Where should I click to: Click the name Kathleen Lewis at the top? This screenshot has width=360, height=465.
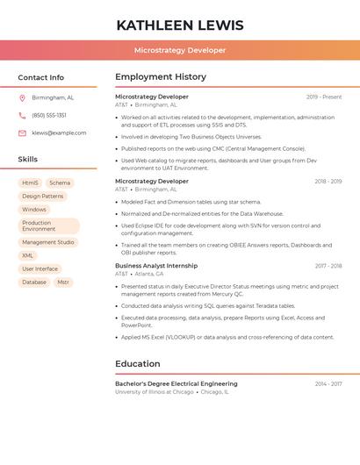click(x=180, y=24)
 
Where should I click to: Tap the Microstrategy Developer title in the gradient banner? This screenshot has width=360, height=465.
click(x=180, y=50)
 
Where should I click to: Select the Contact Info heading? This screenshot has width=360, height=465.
click(x=41, y=77)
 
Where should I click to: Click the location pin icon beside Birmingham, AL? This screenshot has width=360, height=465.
click(x=23, y=98)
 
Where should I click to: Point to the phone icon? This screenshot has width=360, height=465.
click(x=23, y=116)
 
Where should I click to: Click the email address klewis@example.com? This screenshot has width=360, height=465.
click(x=59, y=133)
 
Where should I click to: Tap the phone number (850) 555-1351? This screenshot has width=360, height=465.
click(x=49, y=116)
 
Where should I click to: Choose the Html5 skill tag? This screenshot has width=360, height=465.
click(x=30, y=183)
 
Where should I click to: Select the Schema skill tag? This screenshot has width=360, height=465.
click(x=60, y=183)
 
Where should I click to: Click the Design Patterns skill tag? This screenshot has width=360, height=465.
click(x=43, y=197)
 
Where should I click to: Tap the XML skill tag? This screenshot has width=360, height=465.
click(x=28, y=255)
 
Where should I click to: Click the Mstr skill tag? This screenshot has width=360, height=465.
click(x=63, y=283)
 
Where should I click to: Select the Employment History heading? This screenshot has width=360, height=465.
click(x=161, y=77)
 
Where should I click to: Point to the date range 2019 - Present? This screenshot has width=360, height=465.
click(x=324, y=97)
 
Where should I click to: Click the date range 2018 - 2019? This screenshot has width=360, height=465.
click(x=328, y=182)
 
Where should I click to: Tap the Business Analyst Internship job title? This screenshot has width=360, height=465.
click(x=156, y=266)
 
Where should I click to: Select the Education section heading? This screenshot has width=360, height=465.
click(x=138, y=364)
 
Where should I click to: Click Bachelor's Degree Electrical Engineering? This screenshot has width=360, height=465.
click(x=176, y=384)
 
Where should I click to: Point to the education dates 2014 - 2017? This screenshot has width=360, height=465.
click(x=328, y=384)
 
